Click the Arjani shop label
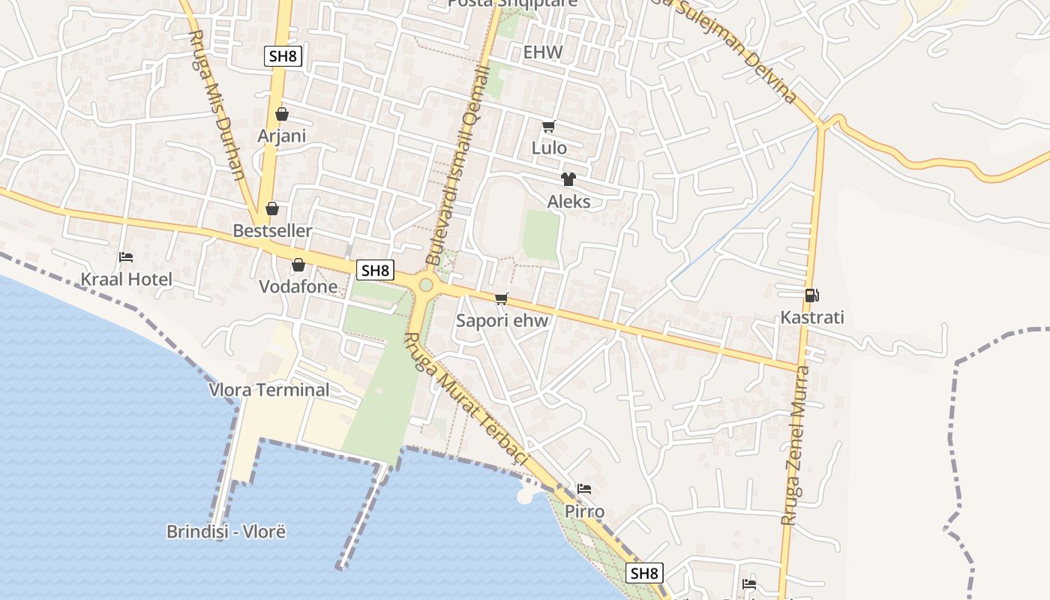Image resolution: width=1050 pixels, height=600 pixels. point(281,136)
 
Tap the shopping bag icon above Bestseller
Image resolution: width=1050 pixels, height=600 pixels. point(272,208)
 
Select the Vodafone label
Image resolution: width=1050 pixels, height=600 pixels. point(298,286)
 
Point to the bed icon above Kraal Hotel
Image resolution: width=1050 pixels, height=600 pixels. point(126,257)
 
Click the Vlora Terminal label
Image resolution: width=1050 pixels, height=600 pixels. point(268,390)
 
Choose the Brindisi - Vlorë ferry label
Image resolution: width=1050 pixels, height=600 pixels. point(226,532)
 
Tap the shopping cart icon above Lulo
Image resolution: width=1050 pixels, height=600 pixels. point(549,126)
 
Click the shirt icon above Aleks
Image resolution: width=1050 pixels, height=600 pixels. point(568,179)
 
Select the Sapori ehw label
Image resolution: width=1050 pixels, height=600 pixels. point(502,321)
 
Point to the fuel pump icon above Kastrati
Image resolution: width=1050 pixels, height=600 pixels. point(811,295)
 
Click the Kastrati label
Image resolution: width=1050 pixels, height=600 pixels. point(812,317)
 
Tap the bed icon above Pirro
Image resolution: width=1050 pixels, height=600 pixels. point(584,489)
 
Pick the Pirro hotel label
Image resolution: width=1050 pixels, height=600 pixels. point(584,511)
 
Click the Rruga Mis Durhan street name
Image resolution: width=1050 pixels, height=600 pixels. point(218,105)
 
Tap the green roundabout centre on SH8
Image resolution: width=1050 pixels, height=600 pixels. point(426,285)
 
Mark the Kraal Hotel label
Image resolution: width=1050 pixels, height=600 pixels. point(126,280)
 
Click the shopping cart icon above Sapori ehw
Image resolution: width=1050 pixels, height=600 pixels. point(502,298)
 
